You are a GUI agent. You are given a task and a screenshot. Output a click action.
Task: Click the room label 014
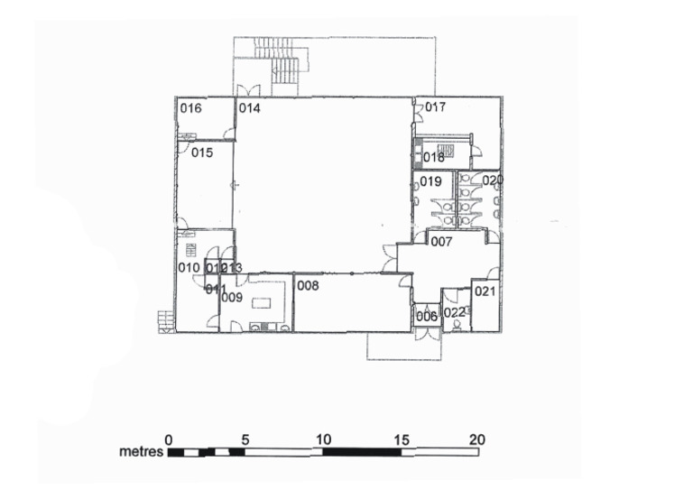click(x=249, y=108)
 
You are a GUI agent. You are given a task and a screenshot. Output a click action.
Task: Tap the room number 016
click(x=190, y=108)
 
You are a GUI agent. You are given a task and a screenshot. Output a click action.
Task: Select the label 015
click(x=201, y=153)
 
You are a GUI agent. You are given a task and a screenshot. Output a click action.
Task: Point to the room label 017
click(x=436, y=107)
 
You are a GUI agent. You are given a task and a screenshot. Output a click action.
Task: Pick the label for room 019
click(x=430, y=181)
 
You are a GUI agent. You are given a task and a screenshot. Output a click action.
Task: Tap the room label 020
click(x=492, y=180)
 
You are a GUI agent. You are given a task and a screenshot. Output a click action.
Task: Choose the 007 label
click(x=440, y=242)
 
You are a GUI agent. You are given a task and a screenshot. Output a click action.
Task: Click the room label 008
click(x=309, y=285)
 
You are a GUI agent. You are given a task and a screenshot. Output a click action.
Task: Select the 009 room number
click(x=232, y=297)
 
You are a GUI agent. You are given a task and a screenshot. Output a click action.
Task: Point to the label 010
click(x=188, y=267)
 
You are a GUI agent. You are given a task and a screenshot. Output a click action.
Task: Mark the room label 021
click(x=485, y=291)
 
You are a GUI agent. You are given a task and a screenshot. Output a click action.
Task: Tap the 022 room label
click(x=455, y=312)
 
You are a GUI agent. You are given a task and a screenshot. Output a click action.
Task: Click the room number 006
click(x=426, y=316)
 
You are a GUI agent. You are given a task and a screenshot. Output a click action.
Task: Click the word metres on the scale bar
click(x=141, y=449)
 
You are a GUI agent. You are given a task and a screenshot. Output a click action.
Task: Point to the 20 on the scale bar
click(x=477, y=439)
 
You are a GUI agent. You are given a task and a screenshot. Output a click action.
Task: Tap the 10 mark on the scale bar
click(x=323, y=439)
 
